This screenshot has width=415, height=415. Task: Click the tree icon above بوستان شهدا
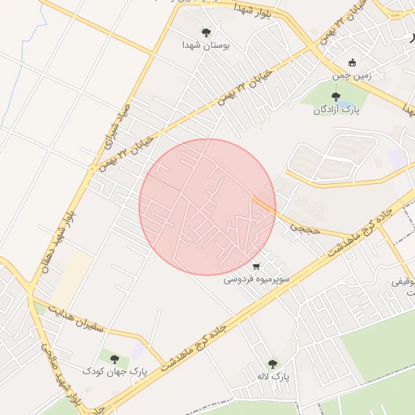click(206, 32)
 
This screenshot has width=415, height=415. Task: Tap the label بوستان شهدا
click(206, 46)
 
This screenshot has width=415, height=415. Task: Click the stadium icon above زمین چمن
click(352, 62)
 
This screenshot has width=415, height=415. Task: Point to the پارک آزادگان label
click(335, 109)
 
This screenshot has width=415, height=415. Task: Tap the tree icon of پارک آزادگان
click(336, 96)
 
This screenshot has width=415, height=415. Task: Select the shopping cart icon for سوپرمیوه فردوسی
click(256, 266)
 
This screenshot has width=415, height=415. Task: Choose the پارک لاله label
click(272, 377)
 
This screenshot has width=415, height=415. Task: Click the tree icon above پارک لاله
click(272, 364)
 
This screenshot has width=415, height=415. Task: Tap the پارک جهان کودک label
click(114, 371)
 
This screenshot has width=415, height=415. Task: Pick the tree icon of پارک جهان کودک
click(113, 358)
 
